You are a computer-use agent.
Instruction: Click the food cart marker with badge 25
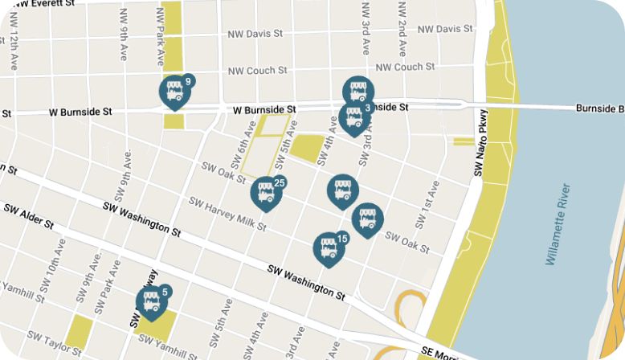point(266,193)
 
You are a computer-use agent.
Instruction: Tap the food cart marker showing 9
point(174,92)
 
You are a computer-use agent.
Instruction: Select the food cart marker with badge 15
point(328,248)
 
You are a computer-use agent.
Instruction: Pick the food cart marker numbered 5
point(150,303)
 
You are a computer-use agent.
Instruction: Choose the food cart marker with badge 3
point(353,118)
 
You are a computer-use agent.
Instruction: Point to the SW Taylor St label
point(54,342)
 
